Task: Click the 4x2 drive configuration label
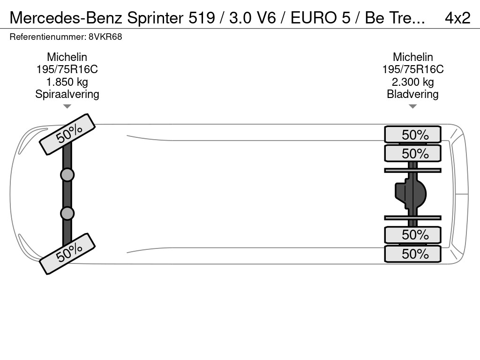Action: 457,17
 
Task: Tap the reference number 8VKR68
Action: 105,37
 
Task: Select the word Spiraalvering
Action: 67,94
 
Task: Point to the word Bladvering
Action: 412,94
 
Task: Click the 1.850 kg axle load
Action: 67,82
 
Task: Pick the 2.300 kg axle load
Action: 412,82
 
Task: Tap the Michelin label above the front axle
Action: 67,57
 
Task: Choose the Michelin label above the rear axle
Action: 412,57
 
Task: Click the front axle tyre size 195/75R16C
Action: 67,69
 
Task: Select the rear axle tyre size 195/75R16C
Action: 412,69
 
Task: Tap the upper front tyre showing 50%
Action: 67,134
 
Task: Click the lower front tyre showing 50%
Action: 67,253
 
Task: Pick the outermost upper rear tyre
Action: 412,135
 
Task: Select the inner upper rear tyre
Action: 412,153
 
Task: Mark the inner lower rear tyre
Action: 412,234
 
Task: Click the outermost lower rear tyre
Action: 412,254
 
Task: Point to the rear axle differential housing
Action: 411,194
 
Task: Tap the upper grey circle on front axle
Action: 67,175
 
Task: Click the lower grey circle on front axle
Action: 67,213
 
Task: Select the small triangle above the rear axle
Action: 412,106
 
